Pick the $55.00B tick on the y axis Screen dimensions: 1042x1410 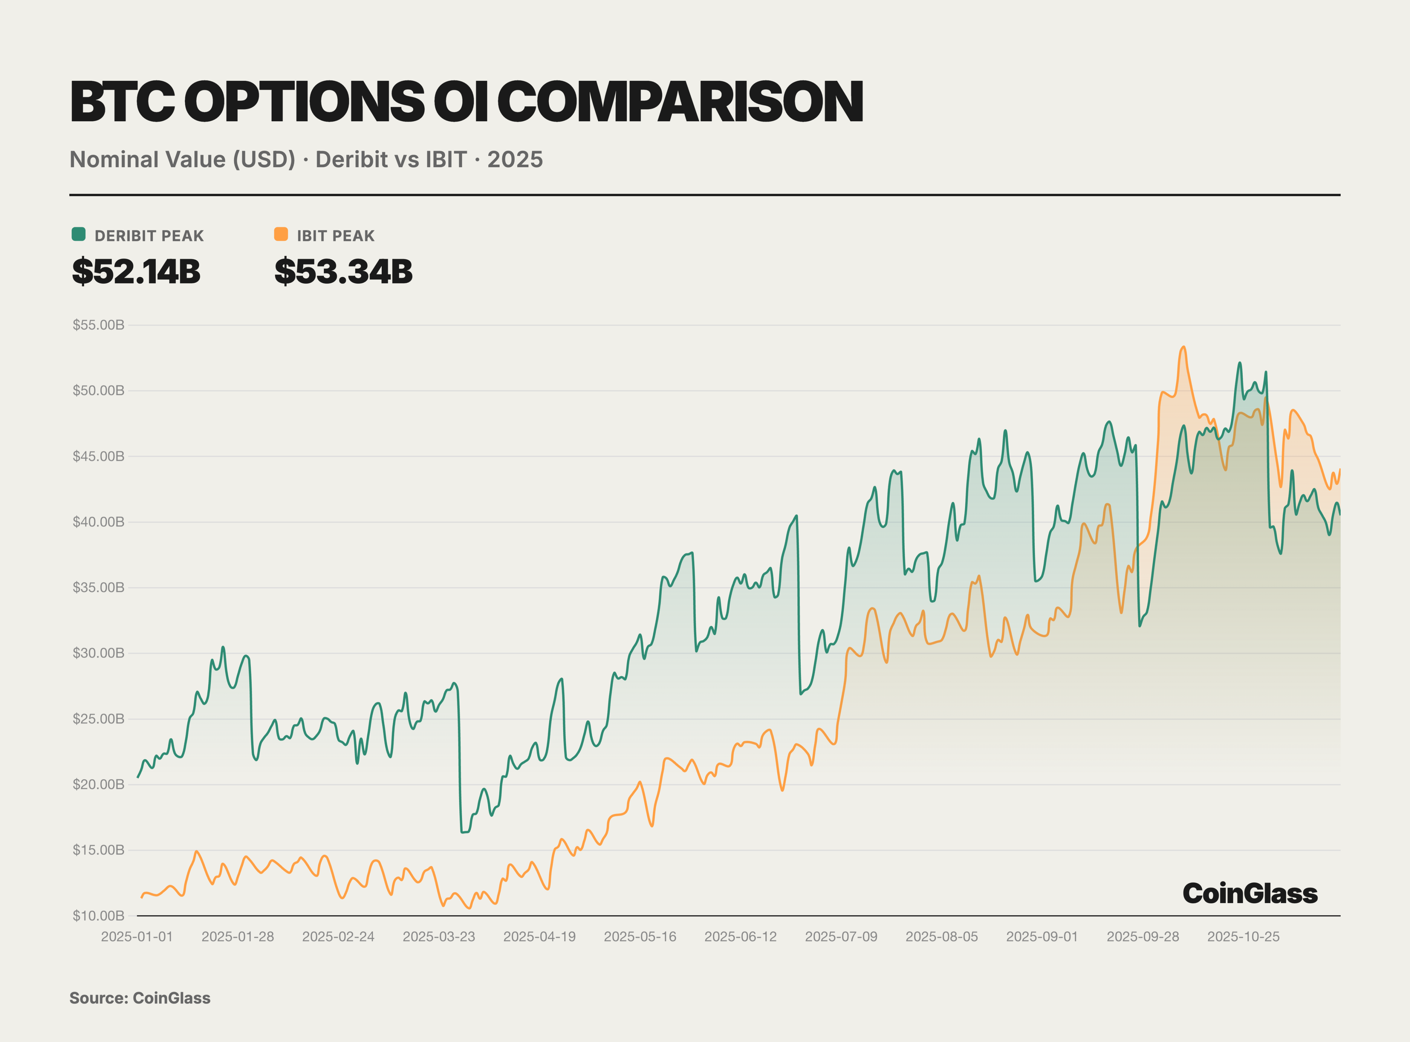99,325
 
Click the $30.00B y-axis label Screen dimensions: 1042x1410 99,653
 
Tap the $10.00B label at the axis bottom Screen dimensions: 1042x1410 99,915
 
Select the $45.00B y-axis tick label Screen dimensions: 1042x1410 99,456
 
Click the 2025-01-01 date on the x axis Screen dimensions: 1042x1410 137,937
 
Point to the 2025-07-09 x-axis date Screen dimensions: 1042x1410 841,937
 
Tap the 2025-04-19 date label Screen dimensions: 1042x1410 539,937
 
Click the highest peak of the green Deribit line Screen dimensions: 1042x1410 1240,363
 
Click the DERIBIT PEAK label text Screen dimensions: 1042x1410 149,236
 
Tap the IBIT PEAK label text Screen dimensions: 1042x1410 335,236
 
